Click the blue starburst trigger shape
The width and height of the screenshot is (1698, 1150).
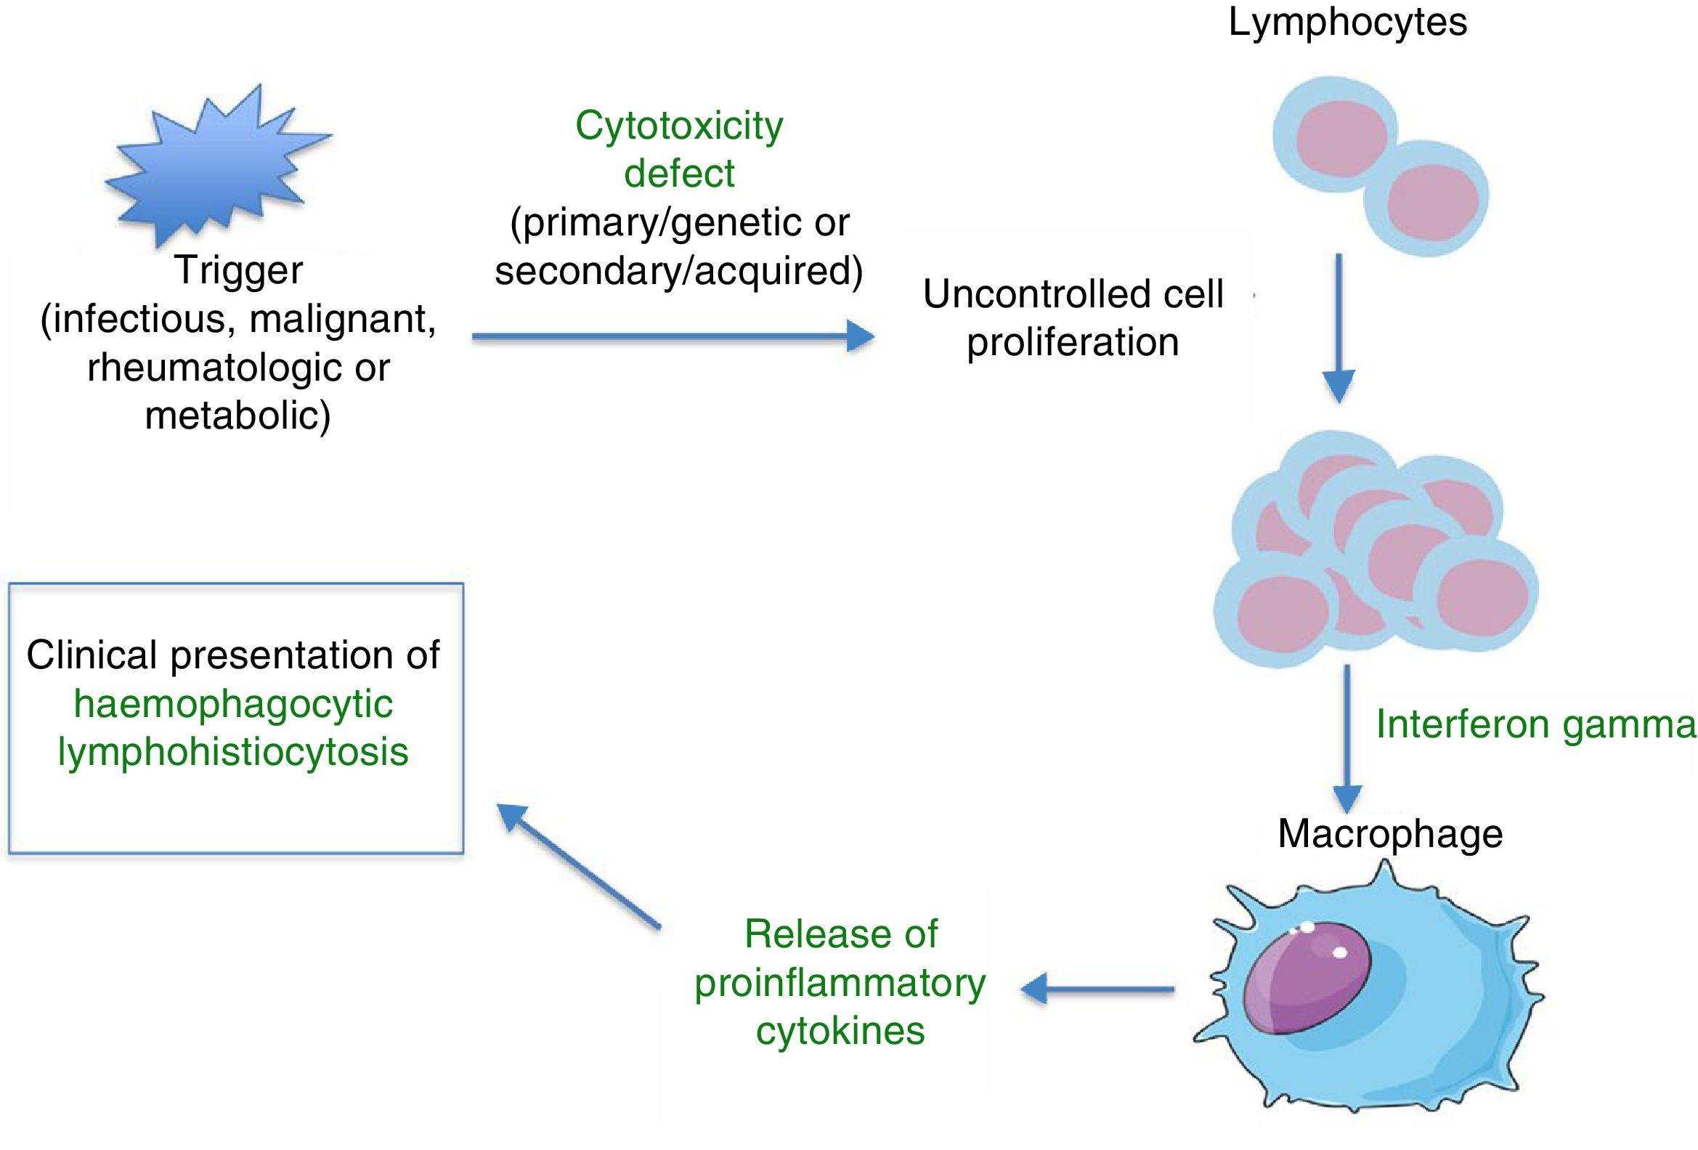tap(217, 164)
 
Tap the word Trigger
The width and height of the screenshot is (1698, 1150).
tap(238, 271)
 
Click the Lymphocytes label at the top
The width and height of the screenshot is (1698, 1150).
tap(1347, 22)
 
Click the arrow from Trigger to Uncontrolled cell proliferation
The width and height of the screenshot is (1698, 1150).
tap(673, 337)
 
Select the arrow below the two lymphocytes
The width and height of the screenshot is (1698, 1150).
tap(1339, 328)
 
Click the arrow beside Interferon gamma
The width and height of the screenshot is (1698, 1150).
tap(1348, 739)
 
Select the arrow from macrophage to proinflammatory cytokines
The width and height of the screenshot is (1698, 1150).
tap(1097, 989)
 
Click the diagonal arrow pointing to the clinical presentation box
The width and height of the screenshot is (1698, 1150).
tap(579, 867)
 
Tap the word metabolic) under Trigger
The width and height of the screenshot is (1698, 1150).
tap(238, 416)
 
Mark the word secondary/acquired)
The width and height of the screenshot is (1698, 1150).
tap(679, 272)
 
